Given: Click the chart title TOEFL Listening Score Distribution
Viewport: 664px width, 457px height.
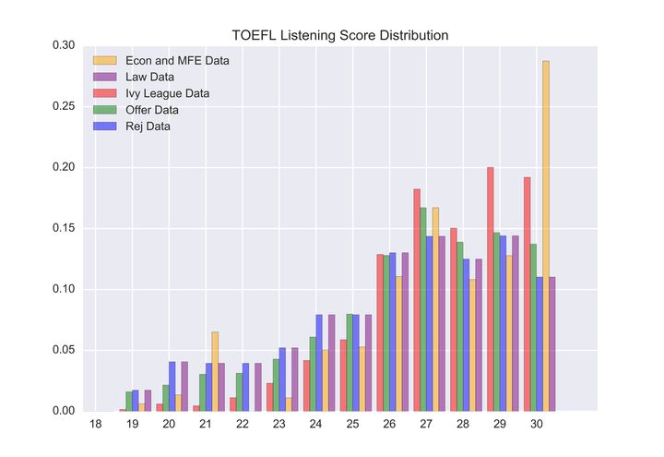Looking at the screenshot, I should (x=340, y=36).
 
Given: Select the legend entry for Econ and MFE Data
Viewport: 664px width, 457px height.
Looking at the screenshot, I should (x=178, y=61).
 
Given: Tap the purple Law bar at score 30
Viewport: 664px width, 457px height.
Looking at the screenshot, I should (x=552, y=343).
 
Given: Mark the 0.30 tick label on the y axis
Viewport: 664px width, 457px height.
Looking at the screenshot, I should (x=65, y=45).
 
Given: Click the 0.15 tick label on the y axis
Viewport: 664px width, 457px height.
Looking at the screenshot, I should (x=65, y=228).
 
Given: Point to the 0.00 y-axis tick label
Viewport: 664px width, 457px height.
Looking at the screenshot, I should (x=65, y=411).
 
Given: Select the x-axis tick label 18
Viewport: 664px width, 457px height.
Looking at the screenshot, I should (x=95, y=424).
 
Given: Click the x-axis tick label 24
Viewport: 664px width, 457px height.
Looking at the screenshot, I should (x=316, y=424).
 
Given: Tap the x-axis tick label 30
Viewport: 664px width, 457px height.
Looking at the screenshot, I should (x=537, y=424).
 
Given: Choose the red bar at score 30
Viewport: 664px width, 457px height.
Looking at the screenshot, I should (x=528, y=294).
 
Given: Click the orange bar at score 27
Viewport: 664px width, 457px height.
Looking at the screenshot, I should (x=435, y=308).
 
